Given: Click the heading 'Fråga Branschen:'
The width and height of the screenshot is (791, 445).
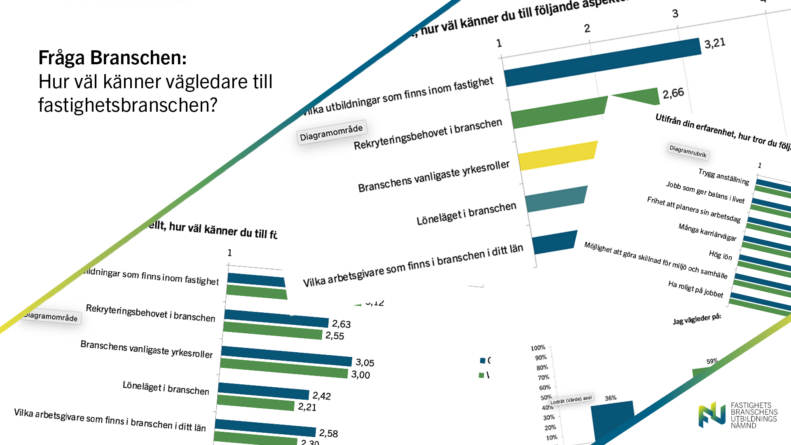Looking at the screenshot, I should pyautogui.click(x=112, y=58).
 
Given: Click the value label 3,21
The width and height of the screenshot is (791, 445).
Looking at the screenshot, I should pyautogui.click(x=714, y=43).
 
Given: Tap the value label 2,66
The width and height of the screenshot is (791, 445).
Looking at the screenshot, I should pyautogui.click(x=673, y=94).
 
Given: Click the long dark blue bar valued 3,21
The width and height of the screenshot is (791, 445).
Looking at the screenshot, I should pyautogui.click(x=601, y=62).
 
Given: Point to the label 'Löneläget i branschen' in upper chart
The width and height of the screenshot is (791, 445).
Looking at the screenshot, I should pyautogui.click(x=466, y=213).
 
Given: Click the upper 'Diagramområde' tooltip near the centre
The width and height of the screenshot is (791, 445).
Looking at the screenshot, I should pyautogui.click(x=331, y=133).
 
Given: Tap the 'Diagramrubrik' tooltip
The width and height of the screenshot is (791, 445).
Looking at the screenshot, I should pyautogui.click(x=688, y=151).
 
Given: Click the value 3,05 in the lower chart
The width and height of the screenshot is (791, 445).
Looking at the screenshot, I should pyautogui.click(x=365, y=363).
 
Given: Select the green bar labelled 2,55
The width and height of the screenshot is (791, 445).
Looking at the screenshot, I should pyautogui.click(x=272, y=331).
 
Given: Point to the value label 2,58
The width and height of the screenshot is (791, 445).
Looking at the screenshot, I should pyautogui.click(x=328, y=433).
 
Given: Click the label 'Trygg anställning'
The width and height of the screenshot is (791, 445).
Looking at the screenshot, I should pyautogui.click(x=723, y=176).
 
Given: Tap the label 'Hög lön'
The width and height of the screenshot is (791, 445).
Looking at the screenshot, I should pyautogui.click(x=720, y=255).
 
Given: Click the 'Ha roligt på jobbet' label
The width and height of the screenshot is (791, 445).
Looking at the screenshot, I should pyautogui.click(x=695, y=289).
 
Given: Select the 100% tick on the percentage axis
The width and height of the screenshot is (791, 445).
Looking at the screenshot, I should pyautogui.click(x=538, y=348).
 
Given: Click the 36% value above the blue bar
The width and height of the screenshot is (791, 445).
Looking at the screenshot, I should pyautogui.click(x=611, y=398).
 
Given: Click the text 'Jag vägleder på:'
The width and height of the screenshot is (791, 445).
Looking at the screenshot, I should pyautogui.click(x=697, y=319).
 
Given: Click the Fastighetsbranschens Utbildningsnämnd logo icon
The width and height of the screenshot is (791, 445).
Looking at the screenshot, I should pyautogui.click(x=711, y=415).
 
